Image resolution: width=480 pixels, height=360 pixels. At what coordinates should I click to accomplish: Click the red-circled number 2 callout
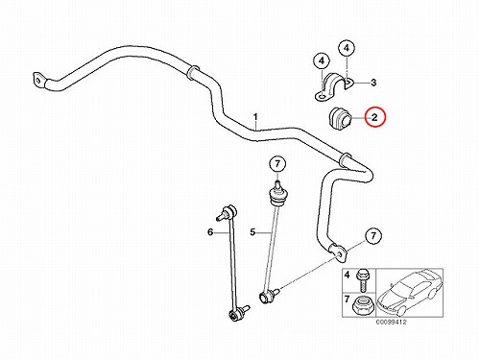374,117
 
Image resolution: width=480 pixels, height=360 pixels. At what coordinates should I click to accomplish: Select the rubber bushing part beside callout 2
340,119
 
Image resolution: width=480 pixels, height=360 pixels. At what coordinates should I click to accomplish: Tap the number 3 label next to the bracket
373,83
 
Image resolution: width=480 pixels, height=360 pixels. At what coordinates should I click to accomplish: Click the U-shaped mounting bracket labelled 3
333,87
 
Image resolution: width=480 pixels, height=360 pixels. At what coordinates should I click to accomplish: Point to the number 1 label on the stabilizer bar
255,117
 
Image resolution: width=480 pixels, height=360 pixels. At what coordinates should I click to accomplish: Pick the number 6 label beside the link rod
210,231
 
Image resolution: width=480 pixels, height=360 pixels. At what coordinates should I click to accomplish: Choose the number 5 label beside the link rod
252,231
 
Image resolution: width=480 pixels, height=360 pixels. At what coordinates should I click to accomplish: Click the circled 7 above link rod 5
277,164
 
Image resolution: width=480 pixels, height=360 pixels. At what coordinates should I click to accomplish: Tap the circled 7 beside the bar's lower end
373,236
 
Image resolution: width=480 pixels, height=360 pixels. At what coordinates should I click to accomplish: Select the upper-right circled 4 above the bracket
347,48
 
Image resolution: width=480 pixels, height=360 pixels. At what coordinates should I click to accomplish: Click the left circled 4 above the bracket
322,60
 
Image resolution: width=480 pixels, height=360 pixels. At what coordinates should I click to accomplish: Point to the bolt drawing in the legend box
362,279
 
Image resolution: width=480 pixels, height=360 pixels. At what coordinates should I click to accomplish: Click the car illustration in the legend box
409,292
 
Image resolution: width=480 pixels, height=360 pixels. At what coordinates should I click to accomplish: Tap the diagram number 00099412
391,322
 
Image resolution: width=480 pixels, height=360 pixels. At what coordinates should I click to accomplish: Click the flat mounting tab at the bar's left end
38,80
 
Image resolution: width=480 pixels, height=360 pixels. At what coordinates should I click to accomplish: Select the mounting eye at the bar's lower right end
338,252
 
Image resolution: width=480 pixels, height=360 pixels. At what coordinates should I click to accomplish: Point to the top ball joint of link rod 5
276,194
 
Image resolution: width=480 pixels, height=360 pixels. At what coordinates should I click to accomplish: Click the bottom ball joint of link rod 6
237,313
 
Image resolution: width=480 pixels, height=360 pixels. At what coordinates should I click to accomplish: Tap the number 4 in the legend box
348,275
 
